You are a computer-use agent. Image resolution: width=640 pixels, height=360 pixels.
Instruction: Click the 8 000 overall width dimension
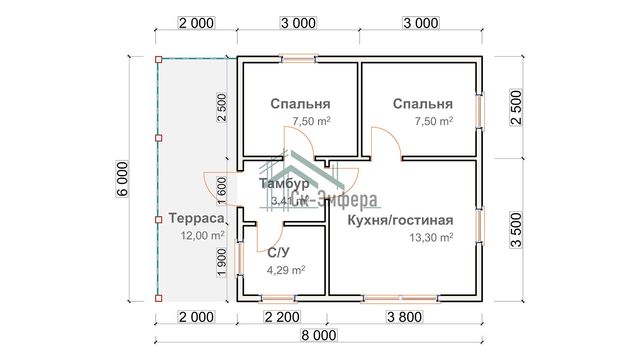(319, 335)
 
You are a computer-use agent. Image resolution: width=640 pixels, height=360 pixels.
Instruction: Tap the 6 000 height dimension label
(122, 179)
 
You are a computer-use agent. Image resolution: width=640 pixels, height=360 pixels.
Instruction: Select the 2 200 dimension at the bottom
(282, 317)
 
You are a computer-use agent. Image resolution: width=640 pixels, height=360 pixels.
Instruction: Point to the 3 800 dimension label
(404, 317)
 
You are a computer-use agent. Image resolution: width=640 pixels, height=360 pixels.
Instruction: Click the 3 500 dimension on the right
(516, 230)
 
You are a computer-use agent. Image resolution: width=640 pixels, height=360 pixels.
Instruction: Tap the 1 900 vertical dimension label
(222, 263)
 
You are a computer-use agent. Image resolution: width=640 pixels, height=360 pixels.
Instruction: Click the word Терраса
(197, 218)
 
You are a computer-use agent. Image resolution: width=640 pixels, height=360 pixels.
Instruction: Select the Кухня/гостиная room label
(400, 220)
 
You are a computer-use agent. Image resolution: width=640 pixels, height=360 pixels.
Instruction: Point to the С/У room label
(278, 253)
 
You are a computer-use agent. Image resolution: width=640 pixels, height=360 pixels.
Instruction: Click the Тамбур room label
(284, 183)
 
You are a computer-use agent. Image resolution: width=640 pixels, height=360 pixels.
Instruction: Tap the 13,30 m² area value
(431, 237)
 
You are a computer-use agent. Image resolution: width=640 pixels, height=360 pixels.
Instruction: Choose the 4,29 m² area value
(286, 270)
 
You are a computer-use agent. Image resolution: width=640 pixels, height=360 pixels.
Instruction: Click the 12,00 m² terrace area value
(202, 235)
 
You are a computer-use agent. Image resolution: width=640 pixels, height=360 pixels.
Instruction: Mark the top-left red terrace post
(159, 60)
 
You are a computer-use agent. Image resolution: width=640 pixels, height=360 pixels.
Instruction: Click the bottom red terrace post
(159, 298)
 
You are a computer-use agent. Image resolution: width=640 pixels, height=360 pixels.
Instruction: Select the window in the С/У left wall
(240, 258)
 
